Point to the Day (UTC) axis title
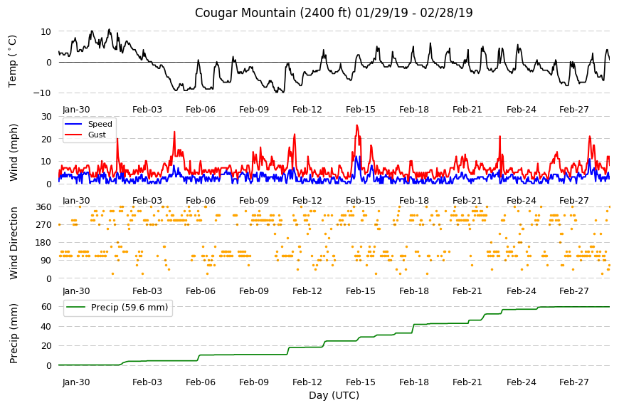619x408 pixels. pyautogui.click(x=334, y=395)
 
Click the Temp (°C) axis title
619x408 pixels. pyautogui.click(x=13, y=61)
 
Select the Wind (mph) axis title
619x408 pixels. pyautogui.click(x=14, y=153)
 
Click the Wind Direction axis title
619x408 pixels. pyautogui.click(x=14, y=244)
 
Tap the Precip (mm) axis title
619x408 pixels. pyautogui.click(x=14, y=334)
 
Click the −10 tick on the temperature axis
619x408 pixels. pyautogui.click(x=42, y=93)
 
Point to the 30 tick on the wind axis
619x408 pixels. pyautogui.click(x=46, y=117)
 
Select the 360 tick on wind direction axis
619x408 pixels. pyautogui.click(x=44, y=207)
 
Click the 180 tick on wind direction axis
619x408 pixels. pyautogui.click(x=44, y=243)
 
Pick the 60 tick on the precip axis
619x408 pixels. pyautogui.click(x=46, y=307)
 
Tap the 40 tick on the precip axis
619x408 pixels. pyautogui.click(x=46, y=327)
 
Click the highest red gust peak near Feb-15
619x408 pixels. pyautogui.click(x=357, y=125)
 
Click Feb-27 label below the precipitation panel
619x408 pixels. pyautogui.click(x=574, y=382)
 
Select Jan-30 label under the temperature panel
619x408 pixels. pyautogui.click(x=76, y=110)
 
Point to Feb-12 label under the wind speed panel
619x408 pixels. pyautogui.click(x=307, y=201)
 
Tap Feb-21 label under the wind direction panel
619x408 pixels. pyautogui.click(x=467, y=291)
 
